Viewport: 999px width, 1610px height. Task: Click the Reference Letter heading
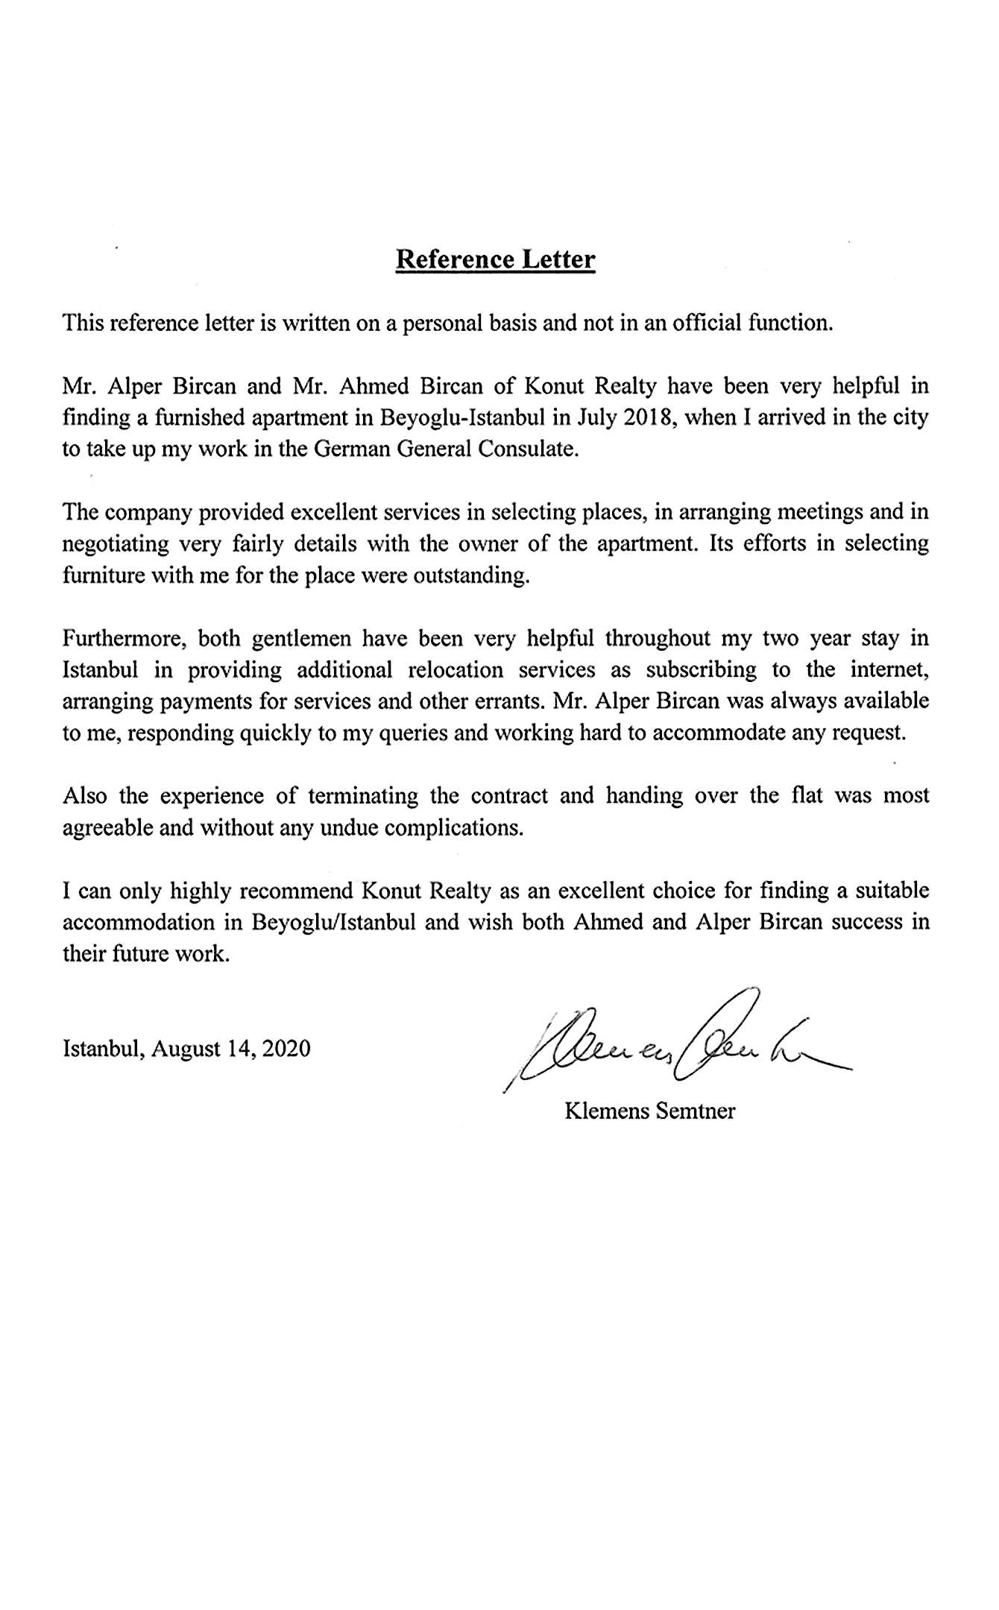[x=495, y=259]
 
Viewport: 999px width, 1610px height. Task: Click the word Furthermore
[x=119, y=639]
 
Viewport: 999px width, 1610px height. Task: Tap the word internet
[x=889, y=670]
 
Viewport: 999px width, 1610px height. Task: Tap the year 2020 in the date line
[x=286, y=1049]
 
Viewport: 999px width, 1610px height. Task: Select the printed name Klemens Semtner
[x=650, y=1111]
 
